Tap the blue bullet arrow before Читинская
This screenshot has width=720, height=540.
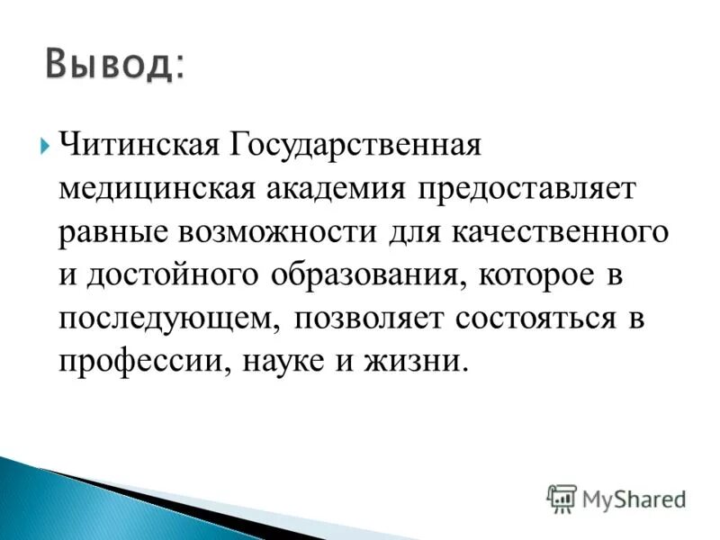[45, 144]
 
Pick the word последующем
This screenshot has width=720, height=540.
[165, 318]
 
